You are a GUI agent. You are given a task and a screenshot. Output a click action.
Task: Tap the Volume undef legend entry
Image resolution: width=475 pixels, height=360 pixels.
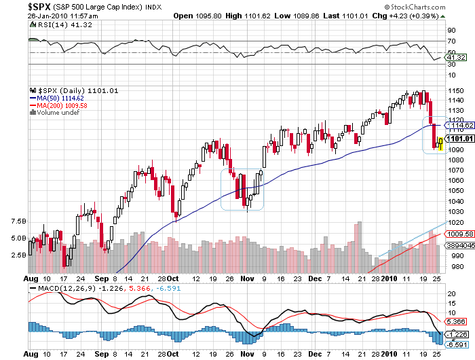[58, 113]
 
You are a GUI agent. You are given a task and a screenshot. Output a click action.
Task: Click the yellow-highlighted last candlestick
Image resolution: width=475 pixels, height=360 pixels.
[441, 143]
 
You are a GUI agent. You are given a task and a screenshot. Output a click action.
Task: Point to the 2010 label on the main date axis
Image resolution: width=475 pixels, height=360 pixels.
[388, 278]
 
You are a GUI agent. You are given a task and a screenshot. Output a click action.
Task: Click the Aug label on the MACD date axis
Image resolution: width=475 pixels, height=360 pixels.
[30, 354]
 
